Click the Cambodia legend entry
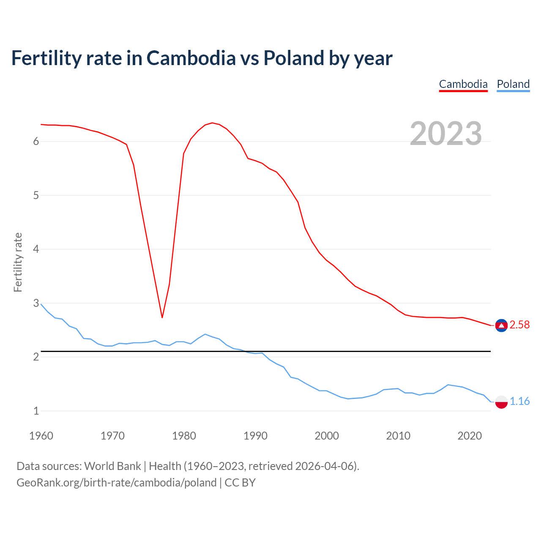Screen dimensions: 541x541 (463, 84)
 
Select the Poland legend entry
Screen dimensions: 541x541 (513, 84)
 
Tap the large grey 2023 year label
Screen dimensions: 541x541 (446, 134)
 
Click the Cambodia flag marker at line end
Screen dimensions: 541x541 (501, 325)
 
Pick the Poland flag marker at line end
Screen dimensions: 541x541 (501, 402)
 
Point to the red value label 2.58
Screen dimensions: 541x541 (519, 325)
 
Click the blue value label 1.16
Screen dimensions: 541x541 (519, 401)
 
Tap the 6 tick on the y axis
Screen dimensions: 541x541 (36, 142)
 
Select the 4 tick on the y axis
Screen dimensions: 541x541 (36, 249)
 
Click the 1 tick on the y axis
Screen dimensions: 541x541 (36, 411)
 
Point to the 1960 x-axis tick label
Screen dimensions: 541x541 (41, 436)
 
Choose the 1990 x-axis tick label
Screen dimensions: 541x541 (255, 436)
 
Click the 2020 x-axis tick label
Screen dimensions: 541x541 (470, 436)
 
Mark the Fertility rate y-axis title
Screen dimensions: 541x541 (18, 262)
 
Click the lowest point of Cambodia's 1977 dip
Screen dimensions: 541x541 (162, 317)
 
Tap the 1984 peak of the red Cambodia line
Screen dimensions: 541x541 (212, 123)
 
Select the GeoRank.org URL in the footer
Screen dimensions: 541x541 (116, 483)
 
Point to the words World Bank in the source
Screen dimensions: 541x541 (112, 466)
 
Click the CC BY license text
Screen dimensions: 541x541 (240, 483)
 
